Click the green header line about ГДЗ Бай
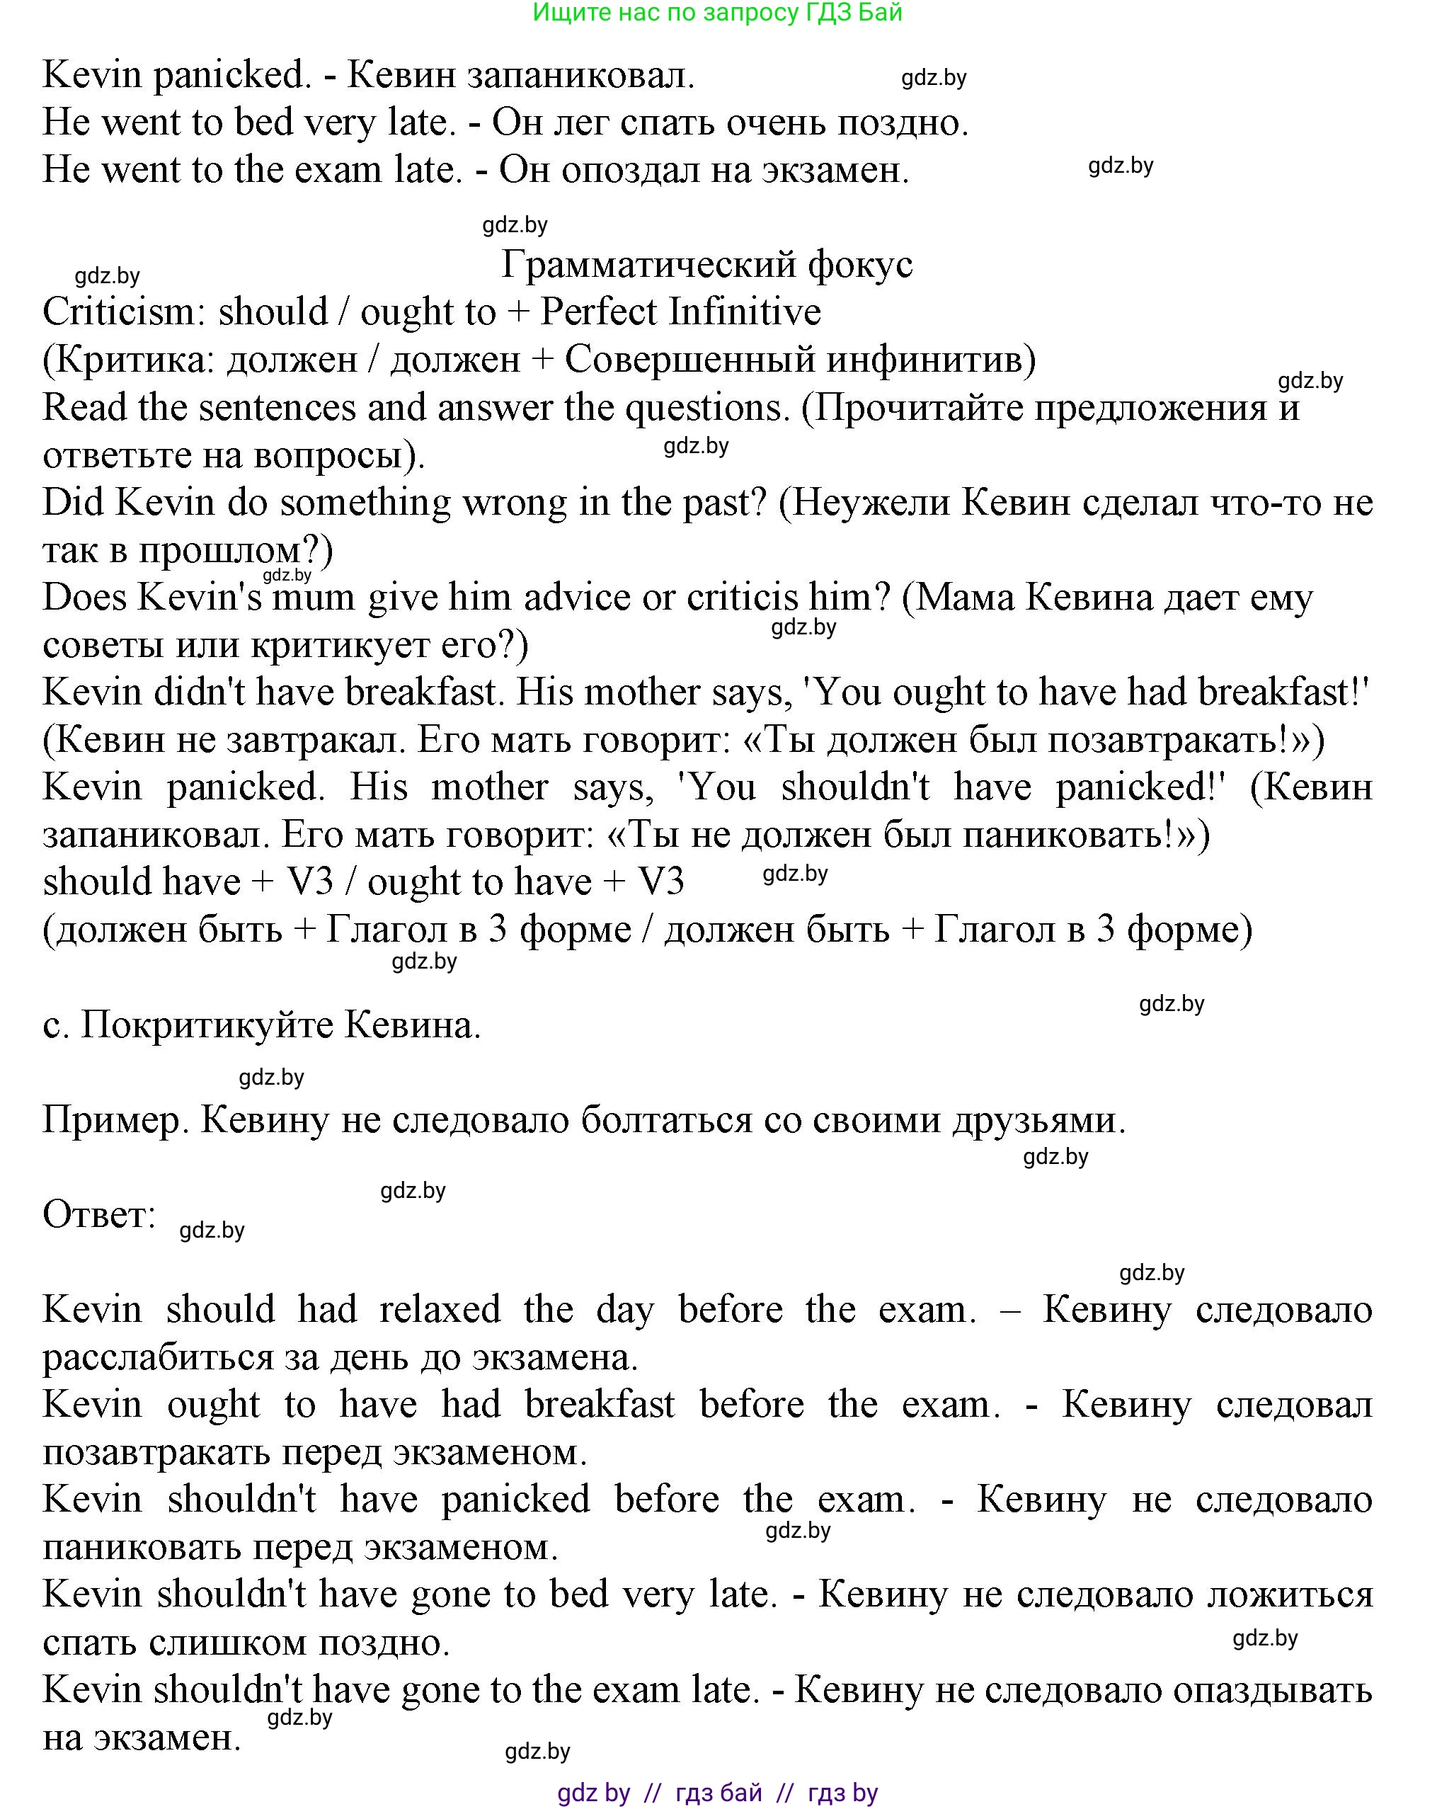(x=717, y=13)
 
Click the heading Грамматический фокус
(x=706, y=264)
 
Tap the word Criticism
(x=118, y=312)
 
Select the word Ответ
(x=99, y=1215)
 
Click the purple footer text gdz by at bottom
(x=593, y=1793)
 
